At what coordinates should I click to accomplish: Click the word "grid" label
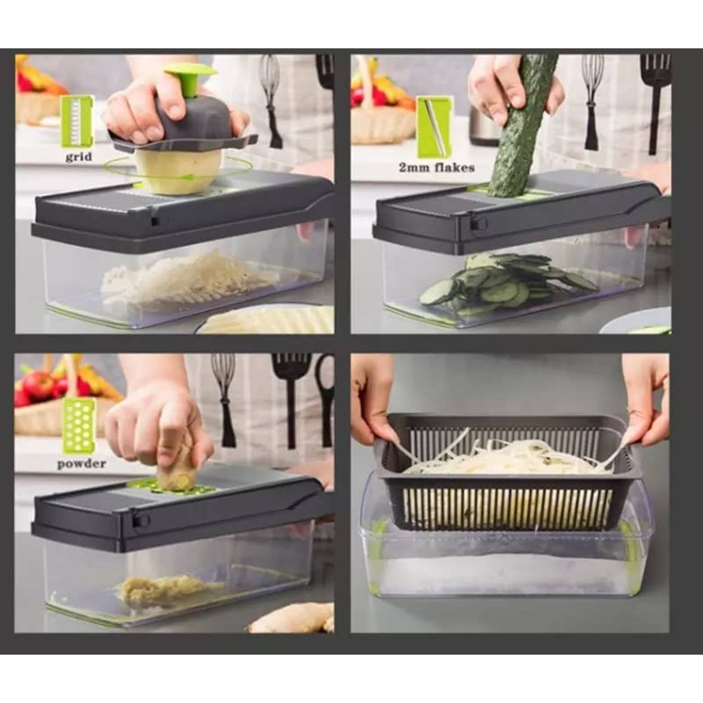tap(79, 156)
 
